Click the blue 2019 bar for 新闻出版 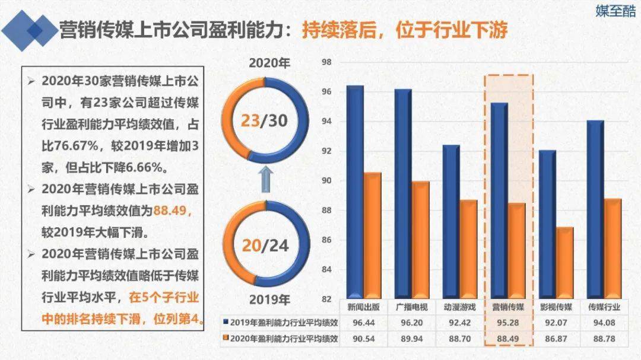354,190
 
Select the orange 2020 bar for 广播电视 420,237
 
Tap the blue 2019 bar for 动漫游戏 451,219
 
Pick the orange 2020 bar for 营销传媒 516,249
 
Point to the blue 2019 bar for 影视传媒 547,222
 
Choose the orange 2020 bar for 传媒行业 613,246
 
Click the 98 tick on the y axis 326,62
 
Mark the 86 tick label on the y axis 326,240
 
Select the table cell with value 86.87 556,339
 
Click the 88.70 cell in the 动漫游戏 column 459,339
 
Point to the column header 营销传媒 508,307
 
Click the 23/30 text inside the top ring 265,121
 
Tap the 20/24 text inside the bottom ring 265,245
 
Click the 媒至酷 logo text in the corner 615,11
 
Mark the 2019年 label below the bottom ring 268,300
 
